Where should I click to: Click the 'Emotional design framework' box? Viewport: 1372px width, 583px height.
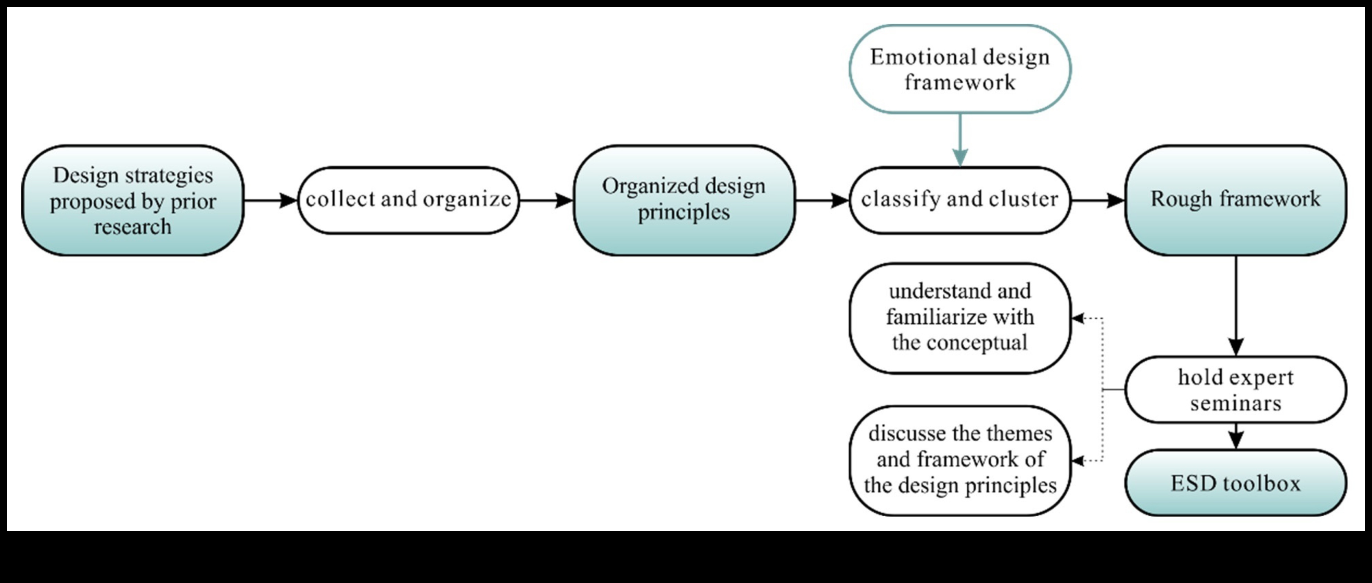(x=960, y=69)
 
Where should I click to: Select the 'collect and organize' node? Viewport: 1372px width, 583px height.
(x=408, y=200)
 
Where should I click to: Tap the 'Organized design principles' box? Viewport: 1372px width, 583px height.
(x=684, y=200)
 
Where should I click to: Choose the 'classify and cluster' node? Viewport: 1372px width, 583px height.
(x=960, y=200)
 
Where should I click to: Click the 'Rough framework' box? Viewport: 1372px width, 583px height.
(x=1236, y=200)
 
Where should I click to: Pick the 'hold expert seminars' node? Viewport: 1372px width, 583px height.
(x=1236, y=390)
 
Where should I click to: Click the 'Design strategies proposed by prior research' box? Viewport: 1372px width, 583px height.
(x=132, y=200)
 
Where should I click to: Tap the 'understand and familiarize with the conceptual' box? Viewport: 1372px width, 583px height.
(x=960, y=318)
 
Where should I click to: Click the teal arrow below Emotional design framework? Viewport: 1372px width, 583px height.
(x=960, y=141)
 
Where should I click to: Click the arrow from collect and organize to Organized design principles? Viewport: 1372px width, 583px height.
(x=546, y=201)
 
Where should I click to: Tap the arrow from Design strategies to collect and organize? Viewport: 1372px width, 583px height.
(x=270, y=201)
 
